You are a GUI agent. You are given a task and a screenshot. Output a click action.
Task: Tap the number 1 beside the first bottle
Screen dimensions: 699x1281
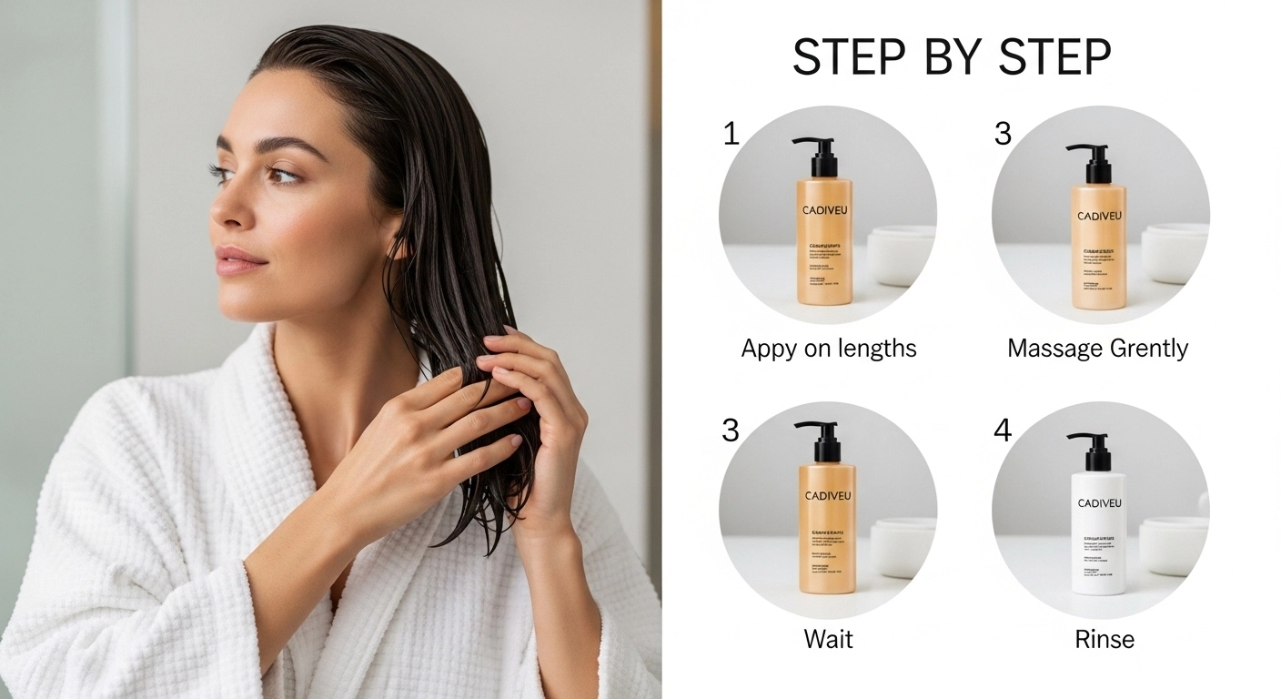pos(731,134)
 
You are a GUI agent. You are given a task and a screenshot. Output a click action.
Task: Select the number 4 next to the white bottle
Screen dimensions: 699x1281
pos(1002,430)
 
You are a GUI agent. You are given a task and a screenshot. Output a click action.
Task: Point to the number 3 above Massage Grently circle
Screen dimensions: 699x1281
pos(1003,134)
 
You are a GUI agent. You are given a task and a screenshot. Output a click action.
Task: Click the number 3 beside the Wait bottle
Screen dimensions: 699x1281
pos(731,430)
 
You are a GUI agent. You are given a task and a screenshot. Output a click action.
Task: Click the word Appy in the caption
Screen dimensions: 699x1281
pos(769,349)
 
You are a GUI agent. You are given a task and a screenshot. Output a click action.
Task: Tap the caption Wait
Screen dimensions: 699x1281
pos(828,639)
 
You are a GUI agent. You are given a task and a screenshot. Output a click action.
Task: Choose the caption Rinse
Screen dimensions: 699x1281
pos(1104,639)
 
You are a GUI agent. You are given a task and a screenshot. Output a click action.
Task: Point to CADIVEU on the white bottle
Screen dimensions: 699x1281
pos(1099,503)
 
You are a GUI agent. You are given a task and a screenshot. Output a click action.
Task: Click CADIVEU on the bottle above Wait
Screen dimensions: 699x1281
pos(827,496)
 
